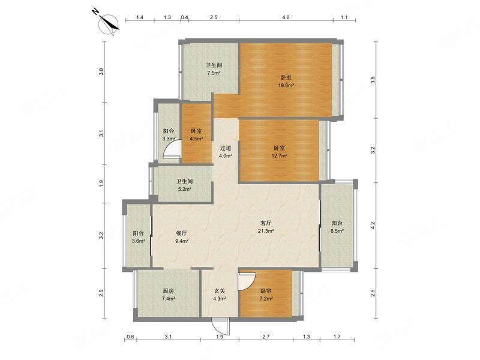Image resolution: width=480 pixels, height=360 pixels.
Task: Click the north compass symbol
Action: coord(109,24)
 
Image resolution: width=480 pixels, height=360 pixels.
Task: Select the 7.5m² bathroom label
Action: coord(214,69)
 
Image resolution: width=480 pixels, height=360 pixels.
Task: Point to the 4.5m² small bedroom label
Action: coord(196,134)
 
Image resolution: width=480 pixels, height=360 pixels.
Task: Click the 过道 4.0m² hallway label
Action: coord(226,152)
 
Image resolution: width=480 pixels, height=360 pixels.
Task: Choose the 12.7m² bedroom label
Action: coord(280,152)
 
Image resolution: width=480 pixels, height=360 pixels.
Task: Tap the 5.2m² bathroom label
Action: coord(185,185)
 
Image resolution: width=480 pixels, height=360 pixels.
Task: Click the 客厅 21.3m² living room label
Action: coord(266,227)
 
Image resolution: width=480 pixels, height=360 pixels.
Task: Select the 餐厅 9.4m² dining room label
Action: coord(182,236)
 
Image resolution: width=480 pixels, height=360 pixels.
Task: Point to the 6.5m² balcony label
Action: coord(337,227)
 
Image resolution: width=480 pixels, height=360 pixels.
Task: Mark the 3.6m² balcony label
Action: coord(139,236)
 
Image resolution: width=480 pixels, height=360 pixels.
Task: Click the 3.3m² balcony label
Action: coord(169,134)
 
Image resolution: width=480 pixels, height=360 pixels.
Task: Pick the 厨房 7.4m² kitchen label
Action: coord(169,295)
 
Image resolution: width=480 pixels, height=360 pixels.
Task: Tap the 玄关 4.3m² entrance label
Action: coord(220,295)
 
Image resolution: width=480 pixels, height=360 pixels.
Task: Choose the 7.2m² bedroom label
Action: coord(266,295)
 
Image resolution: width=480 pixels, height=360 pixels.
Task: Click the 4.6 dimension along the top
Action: coord(286,17)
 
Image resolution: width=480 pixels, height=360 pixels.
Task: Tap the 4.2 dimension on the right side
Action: coord(373,226)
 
